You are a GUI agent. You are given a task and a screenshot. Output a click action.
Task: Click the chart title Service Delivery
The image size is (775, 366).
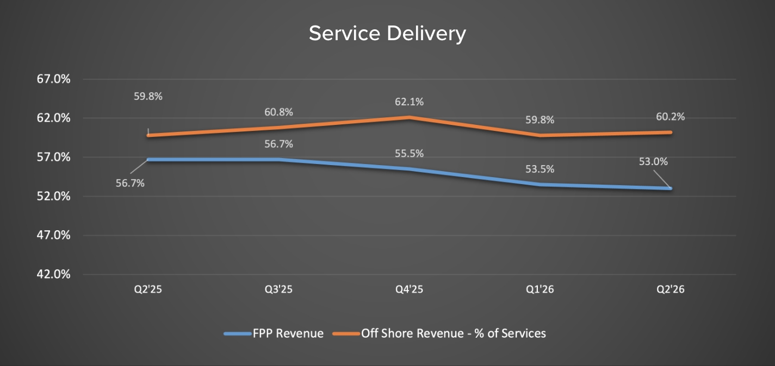pyautogui.click(x=387, y=34)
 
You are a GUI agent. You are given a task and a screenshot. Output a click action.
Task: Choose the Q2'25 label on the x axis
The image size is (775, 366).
pyautogui.click(x=148, y=289)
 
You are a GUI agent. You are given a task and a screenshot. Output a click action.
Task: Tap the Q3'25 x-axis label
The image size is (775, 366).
pyautogui.click(x=278, y=289)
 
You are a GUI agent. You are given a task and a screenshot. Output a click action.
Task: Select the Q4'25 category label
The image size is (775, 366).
pyautogui.click(x=409, y=289)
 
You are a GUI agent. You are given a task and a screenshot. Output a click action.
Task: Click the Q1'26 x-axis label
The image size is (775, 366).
pyautogui.click(x=540, y=289)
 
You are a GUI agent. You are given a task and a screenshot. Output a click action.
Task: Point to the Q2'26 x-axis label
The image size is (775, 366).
pyautogui.click(x=671, y=289)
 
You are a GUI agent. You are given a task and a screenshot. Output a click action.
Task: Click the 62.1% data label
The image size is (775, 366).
pyautogui.click(x=410, y=102)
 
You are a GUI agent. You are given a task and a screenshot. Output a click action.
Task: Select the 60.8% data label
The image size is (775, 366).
pyautogui.click(x=279, y=112)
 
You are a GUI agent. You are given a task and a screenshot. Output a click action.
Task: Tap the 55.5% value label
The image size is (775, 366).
pyautogui.click(x=410, y=154)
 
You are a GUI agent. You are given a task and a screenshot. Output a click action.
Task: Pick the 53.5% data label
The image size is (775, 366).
pyautogui.click(x=540, y=169)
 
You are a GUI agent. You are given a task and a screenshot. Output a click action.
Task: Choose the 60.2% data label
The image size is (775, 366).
pyautogui.click(x=671, y=117)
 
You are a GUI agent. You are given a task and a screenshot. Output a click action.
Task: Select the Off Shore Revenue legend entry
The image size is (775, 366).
pyautogui.click(x=453, y=333)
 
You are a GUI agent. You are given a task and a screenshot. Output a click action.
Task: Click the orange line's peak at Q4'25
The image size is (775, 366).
pyautogui.click(x=410, y=117)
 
